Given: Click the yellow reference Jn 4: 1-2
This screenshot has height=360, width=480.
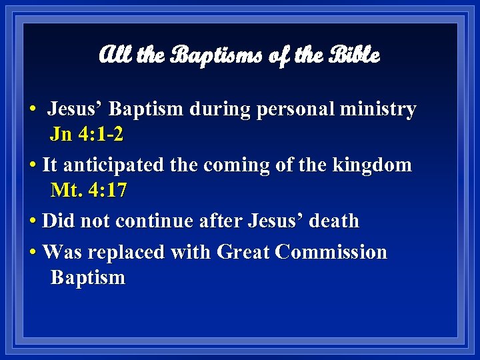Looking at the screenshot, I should click(87, 135).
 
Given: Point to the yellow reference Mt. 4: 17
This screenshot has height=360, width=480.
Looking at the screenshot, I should click(89, 191).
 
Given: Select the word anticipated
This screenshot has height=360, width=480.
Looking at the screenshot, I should click(119, 165).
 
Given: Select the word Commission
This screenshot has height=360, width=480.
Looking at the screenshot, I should click(331, 253).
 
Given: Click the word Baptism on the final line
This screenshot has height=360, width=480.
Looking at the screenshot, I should click(88, 277).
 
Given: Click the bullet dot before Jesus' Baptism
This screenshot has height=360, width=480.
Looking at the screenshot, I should click(32, 109).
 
